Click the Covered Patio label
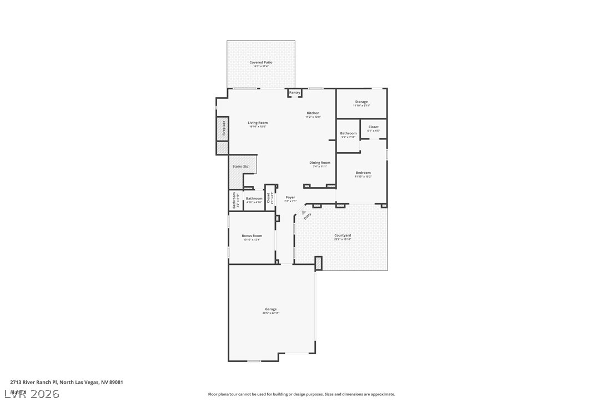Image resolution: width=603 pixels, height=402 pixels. pos(260,63)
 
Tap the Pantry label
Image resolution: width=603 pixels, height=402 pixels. pos(294,93)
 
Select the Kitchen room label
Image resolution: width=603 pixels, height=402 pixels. pos(313,113)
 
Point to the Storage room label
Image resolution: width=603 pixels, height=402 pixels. pos(361,102)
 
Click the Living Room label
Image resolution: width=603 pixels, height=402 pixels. pos(258,123)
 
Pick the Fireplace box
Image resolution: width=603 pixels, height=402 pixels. pos(222,128)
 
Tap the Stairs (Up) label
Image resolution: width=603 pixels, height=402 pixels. pos(241,167)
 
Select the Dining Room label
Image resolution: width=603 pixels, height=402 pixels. pos(320,163)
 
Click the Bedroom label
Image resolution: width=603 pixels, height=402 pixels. pos(363,173)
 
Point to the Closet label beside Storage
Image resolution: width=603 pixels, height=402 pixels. pos(374,127)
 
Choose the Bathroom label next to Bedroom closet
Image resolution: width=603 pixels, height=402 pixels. pos(349,133)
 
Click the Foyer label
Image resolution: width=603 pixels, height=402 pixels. pos(290,198)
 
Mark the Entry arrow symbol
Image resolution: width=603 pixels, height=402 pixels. pos(303,212)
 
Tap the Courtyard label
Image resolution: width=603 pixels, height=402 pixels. pos(343,235)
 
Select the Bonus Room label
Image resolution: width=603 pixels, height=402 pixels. pos(252,236)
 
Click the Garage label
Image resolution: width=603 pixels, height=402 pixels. pos(271,309)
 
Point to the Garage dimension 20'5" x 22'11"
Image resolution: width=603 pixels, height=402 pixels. pos(271,313)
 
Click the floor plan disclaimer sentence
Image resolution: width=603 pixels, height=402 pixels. pos(301,394)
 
